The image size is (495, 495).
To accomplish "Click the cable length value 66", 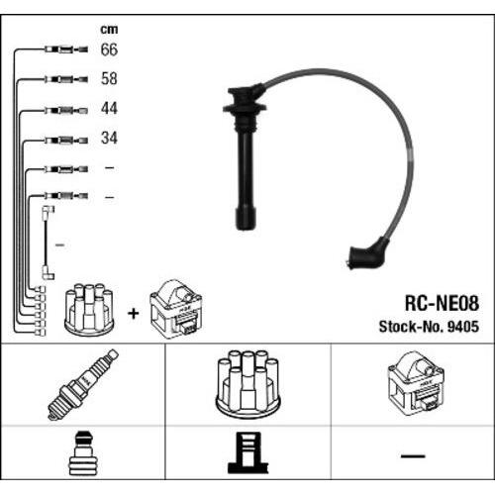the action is coord(109,49).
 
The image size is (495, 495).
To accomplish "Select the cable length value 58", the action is coord(109,79).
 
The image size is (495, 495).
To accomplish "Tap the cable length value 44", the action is coord(109,108).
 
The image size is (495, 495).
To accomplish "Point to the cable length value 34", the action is coord(109,138).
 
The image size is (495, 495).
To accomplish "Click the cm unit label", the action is coord(109,30).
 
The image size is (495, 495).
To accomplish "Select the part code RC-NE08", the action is coord(442,303).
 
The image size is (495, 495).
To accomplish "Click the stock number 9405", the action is coord(463,327).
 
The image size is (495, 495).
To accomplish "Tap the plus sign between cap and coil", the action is coord(134,313).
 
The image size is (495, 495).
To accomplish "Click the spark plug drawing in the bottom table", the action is coord(82,385).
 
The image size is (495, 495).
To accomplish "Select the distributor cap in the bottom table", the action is coord(247,384).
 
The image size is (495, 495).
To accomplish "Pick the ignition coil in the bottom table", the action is coord(417,383).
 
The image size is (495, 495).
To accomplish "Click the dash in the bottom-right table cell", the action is coord(413,456).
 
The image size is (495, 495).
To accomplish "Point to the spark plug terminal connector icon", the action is coord(82,453).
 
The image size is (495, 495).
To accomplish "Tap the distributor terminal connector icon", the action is coord(247,452).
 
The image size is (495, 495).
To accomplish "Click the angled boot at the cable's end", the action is coord(366,253).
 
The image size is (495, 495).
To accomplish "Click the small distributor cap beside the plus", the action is coord(89,309).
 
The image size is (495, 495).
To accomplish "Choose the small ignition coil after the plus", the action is coord(175,309).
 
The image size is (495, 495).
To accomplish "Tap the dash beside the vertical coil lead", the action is coord(59,246).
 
